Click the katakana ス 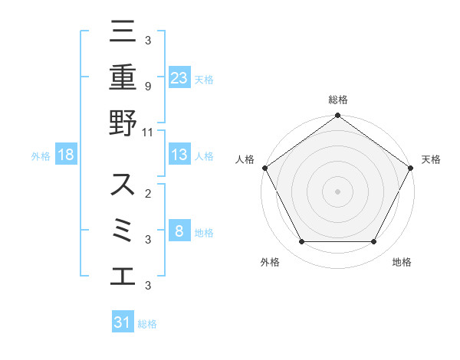coord(123,185)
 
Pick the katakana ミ coord(123,230)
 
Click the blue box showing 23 coord(179,77)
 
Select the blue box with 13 coord(179,155)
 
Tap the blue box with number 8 coord(179,231)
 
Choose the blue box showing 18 coord(66,155)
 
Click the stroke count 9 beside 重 coord(147,87)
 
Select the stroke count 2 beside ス coord(147,194)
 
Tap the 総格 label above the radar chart coord(338,100)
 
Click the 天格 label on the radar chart coord(431,159)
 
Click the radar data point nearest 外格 coord(301,242)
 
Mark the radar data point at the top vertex coord(338,116)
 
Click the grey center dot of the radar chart coord(338,191)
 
